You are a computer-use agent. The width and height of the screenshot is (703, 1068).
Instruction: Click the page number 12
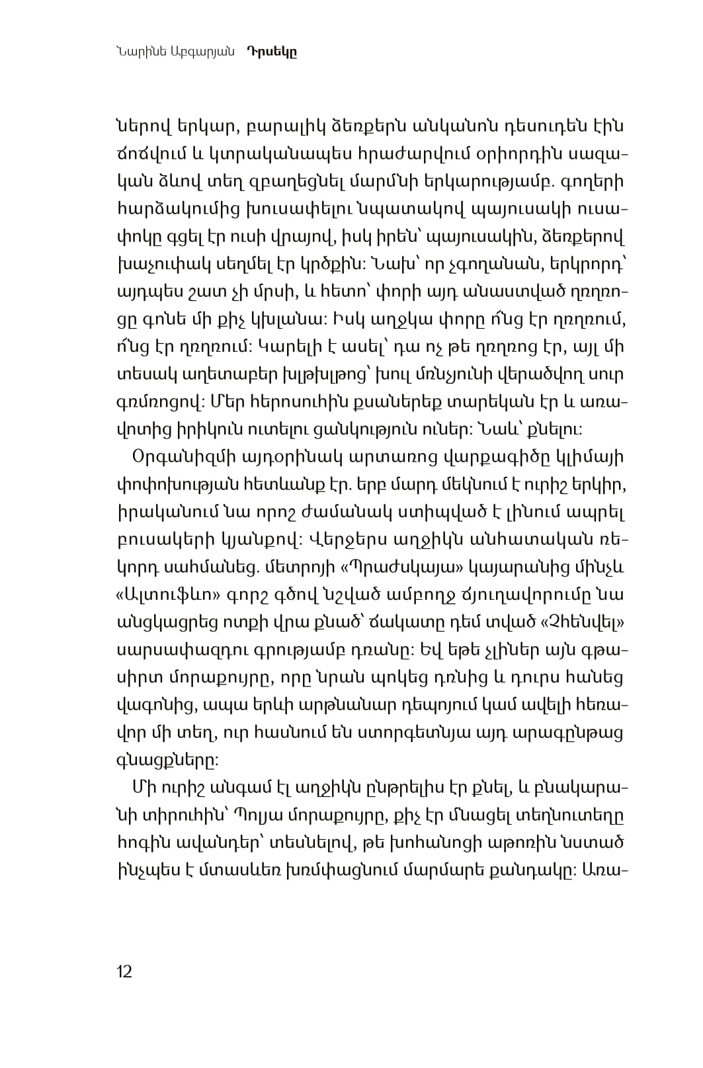pos(124,971)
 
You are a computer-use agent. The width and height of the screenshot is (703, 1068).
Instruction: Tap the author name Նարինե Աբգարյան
pos(175,52)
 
